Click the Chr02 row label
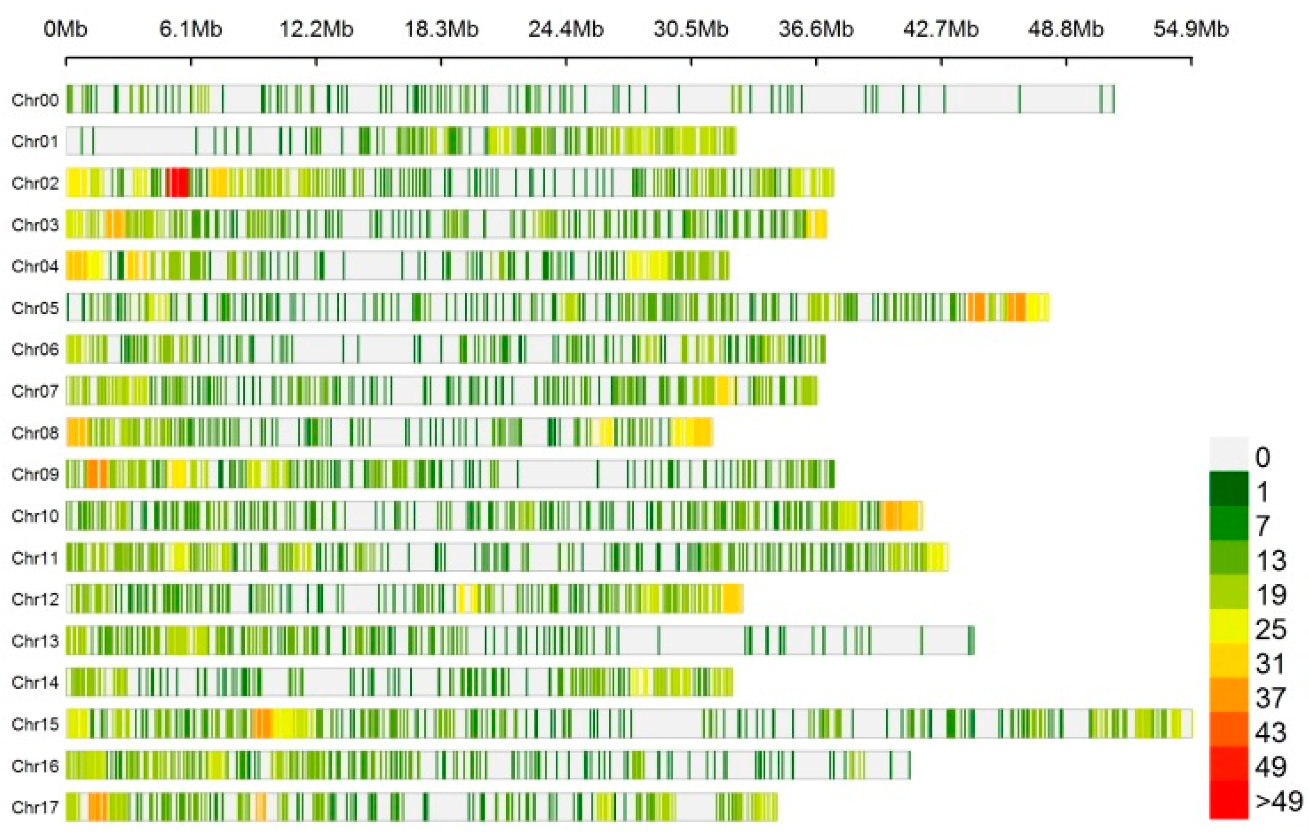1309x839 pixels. click(35, 183)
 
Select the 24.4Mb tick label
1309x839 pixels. click(566, 29)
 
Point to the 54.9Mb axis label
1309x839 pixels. click(1191, 29)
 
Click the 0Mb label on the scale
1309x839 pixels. click(66, 29)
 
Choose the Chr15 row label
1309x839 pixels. click(35, 724)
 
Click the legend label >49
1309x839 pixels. click(1278, 801)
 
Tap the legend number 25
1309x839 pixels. click(1270, 629)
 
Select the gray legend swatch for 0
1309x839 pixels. click(1229, 454)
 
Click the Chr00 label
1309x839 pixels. click(35, 99)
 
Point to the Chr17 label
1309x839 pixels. click(35, 807)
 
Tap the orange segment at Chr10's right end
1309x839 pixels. click(901, 515)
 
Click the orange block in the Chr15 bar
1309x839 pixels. click(262, 724)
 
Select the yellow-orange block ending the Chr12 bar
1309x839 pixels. click(733, 599)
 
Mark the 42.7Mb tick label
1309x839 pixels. click(941, 29)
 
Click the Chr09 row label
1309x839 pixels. click(35, 474)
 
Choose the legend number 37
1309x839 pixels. click(1270, 698)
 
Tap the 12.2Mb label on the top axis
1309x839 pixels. click(316, 29)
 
